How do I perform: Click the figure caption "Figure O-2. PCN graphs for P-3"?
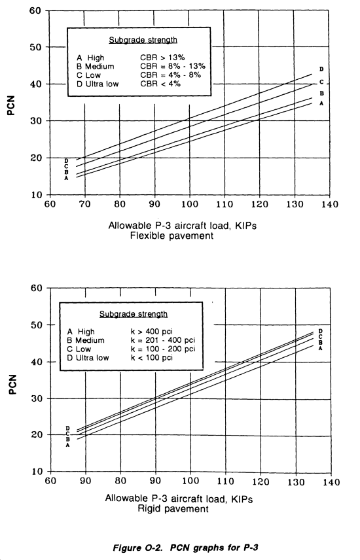point(185,548)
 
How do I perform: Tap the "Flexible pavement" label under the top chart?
point(171,236)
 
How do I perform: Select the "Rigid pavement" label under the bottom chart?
point(173,508)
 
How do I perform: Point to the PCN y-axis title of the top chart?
point(12,105)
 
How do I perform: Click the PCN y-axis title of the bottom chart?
point(12,384)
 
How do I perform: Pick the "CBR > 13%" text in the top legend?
point(162,58)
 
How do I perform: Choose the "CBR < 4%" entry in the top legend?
point(160,84)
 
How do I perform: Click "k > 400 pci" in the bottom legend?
point(152,332)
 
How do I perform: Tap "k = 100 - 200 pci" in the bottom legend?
point(163,349)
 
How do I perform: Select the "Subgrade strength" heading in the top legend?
point(143,40)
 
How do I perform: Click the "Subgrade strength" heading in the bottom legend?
point(134,314)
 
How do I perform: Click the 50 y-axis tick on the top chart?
point(35,47)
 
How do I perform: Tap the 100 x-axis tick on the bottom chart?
point(190,481)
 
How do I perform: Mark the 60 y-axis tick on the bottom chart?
point(37,288)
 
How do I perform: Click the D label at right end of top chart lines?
point(321,69)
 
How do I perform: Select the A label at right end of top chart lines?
point(321,103)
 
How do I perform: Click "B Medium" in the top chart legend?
point(95,67)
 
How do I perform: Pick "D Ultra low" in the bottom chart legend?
point(88,358)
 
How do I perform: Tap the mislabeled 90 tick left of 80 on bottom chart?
point(85,481)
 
